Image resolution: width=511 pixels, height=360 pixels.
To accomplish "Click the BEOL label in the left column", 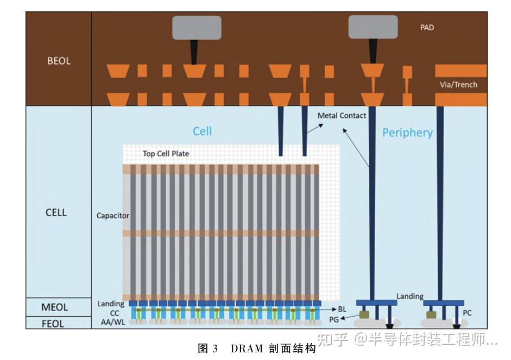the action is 59,61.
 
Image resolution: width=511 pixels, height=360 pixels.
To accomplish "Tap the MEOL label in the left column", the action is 54,307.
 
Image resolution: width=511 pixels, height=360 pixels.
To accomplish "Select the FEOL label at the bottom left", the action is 53,324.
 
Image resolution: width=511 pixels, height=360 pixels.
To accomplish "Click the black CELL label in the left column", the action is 56,212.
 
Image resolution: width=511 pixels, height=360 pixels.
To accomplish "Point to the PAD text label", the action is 427,27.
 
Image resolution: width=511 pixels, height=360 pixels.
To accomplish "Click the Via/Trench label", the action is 458,85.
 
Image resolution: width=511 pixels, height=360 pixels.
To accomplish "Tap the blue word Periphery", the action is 407,133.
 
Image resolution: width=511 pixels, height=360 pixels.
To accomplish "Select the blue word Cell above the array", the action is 202,131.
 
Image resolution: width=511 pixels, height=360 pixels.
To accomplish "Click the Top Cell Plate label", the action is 166,154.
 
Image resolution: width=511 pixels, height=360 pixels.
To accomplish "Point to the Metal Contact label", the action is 342,116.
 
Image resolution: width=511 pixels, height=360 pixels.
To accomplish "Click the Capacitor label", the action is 113,216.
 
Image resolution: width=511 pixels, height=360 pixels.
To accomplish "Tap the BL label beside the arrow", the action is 342,309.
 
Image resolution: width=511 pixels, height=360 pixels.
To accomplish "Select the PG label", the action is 334,320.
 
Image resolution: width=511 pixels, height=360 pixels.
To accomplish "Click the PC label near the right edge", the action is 467,313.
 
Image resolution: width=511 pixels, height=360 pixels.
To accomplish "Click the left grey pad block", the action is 197,28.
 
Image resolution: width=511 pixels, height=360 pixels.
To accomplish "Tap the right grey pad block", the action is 373,27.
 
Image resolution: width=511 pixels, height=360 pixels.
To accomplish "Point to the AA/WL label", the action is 113,322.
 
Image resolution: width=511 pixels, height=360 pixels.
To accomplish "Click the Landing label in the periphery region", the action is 409,296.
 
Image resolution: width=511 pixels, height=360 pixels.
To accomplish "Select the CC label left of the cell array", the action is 115,313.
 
